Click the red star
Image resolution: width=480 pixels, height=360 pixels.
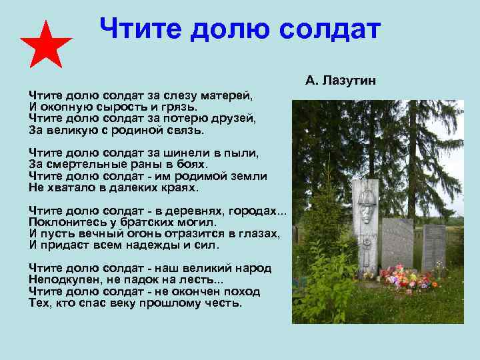point(46,45)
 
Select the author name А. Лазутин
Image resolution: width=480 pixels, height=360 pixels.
point(341,81)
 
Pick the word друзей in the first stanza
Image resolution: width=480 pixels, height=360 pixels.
point(231,117)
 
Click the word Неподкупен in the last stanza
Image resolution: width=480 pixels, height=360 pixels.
point(63,281)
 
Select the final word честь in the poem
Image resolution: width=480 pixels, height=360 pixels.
point(223,303)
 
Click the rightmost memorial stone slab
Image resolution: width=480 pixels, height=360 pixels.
point(433,247)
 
